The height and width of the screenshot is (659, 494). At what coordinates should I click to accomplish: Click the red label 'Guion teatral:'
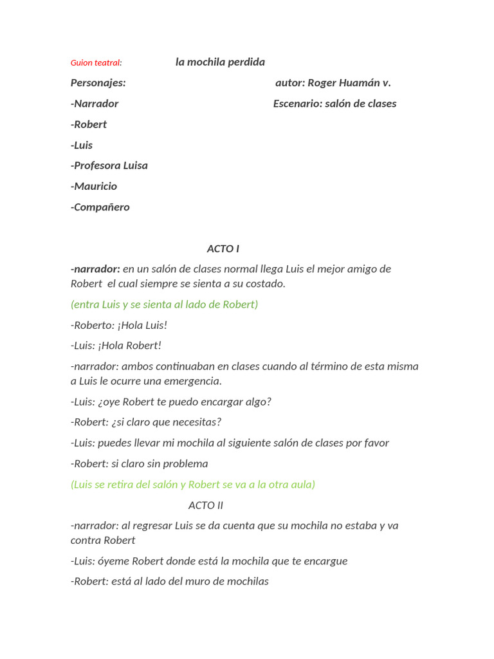click(x=96, y=62)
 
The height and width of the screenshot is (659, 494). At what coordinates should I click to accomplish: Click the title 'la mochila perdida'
click(x=220, y=62)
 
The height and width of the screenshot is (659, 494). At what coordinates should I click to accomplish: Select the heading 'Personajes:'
click(x=98, y=82)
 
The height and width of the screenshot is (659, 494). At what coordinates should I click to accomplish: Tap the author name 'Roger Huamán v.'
click(x=349, y=82)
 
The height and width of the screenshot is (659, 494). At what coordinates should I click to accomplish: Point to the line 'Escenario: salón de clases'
click(x=334, y=103)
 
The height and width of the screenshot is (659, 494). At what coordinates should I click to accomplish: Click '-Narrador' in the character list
click(x=95, y=103)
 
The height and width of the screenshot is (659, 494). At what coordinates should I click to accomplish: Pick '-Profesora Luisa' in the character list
click(x=109, y=165)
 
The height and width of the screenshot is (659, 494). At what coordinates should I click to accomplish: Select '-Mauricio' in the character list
click(x=94, y=186)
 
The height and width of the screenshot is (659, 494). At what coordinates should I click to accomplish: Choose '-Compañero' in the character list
click(x=100, y=207)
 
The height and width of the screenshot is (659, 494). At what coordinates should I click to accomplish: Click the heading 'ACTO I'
click(x=223, y=248)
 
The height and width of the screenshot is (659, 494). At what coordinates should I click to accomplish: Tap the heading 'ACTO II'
click(x=206, y=505)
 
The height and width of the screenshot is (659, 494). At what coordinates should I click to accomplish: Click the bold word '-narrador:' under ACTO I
click(x=95, y=268)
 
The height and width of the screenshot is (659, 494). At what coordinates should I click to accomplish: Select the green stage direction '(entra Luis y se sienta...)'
click(x=164, y=304)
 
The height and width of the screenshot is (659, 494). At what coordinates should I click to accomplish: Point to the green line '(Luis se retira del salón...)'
click(x=193, y=484)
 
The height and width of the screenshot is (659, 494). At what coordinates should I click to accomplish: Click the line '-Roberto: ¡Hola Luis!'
click(x=119, y=325)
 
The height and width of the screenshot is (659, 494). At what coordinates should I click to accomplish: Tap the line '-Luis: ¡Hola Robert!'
click(x=116, y=345)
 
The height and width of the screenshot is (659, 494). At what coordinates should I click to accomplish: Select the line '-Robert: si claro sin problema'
click(x=140, y=463)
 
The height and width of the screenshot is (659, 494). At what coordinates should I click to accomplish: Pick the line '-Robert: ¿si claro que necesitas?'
click(x=146, y=422)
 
